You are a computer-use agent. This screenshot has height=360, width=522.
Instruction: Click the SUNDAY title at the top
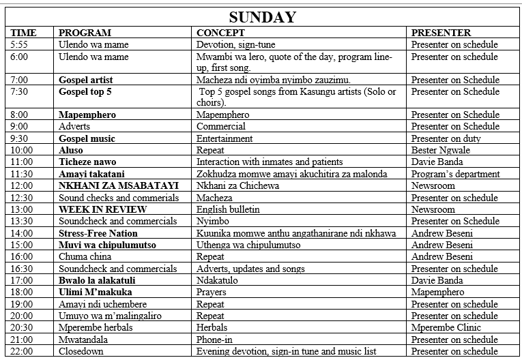click(262, 17)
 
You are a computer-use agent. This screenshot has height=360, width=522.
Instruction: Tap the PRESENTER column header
click(441, 33)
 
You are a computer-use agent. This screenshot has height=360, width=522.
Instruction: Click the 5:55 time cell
click(20, 44)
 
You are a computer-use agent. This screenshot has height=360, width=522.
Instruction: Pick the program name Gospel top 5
click(85, 91)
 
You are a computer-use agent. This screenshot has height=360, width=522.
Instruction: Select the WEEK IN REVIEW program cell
click(99, 209)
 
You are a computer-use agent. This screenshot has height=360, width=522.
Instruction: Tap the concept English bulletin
click(228, 209)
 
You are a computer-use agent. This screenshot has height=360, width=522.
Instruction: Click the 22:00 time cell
click(22, 351)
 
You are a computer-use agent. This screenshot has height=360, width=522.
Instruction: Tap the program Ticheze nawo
click(87, 162)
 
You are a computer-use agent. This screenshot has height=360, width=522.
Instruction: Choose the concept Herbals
click(212, 327)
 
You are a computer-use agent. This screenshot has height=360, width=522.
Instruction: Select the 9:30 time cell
click(20, 138)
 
